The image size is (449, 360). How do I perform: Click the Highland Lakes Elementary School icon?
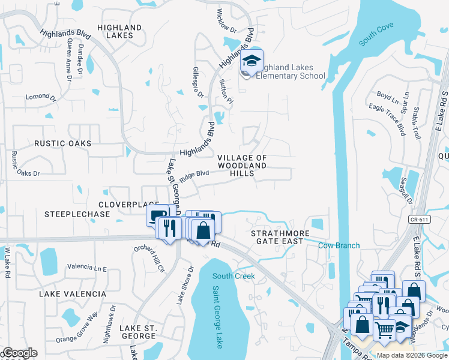click(252, 62)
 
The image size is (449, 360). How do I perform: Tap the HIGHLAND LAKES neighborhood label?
click(119, 32)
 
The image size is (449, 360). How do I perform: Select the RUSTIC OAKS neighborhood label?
click(63, 143)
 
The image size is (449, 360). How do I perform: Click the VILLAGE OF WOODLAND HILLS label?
click(242, 165)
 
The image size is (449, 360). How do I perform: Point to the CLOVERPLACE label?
click(129, 205)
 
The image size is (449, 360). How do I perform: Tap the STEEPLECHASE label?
click(77, 214)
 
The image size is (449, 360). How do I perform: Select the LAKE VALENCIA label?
click(73, 294)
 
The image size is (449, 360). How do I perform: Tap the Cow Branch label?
click(339, 245)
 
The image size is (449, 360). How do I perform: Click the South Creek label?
click(234, 276)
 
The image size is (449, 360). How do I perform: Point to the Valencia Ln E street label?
click(86, 267)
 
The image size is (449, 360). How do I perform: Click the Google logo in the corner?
click(19, 353)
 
